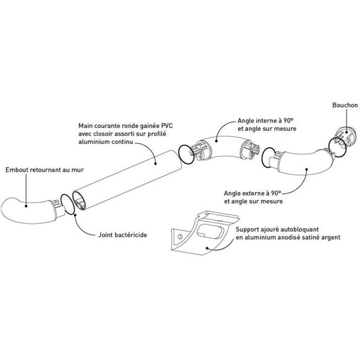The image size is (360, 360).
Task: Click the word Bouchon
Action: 345,105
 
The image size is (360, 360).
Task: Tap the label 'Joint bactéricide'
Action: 122,235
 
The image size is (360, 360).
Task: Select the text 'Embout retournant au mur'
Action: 45,170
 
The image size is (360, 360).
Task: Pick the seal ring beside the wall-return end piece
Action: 67,200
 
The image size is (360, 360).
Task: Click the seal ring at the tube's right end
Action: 186,154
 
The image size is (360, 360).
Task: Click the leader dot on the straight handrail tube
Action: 155,164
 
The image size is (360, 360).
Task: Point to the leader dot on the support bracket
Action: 207,248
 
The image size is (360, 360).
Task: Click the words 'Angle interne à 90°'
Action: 265,121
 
